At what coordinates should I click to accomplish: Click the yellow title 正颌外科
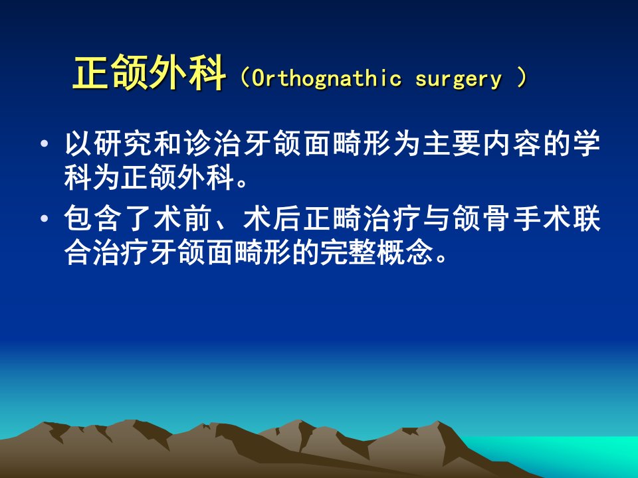[x=149, y=73]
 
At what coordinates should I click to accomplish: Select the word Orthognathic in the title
[x=327, y=78]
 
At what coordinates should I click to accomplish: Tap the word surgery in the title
[x=459, y=79]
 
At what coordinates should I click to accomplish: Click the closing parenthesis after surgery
[x=522, y=78]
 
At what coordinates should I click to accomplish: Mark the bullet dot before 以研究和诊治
[x=44, y=143]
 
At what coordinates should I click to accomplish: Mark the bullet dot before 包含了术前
[x=44, y=218]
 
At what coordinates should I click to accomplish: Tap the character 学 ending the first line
[x=586, y=143]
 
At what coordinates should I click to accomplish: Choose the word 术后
[x=272, y=218]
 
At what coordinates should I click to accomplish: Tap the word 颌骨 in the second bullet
[x=482, y=218]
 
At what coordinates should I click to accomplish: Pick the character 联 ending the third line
[x=586, y=218]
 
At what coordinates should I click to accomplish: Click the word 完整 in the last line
[x=348, y=253]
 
